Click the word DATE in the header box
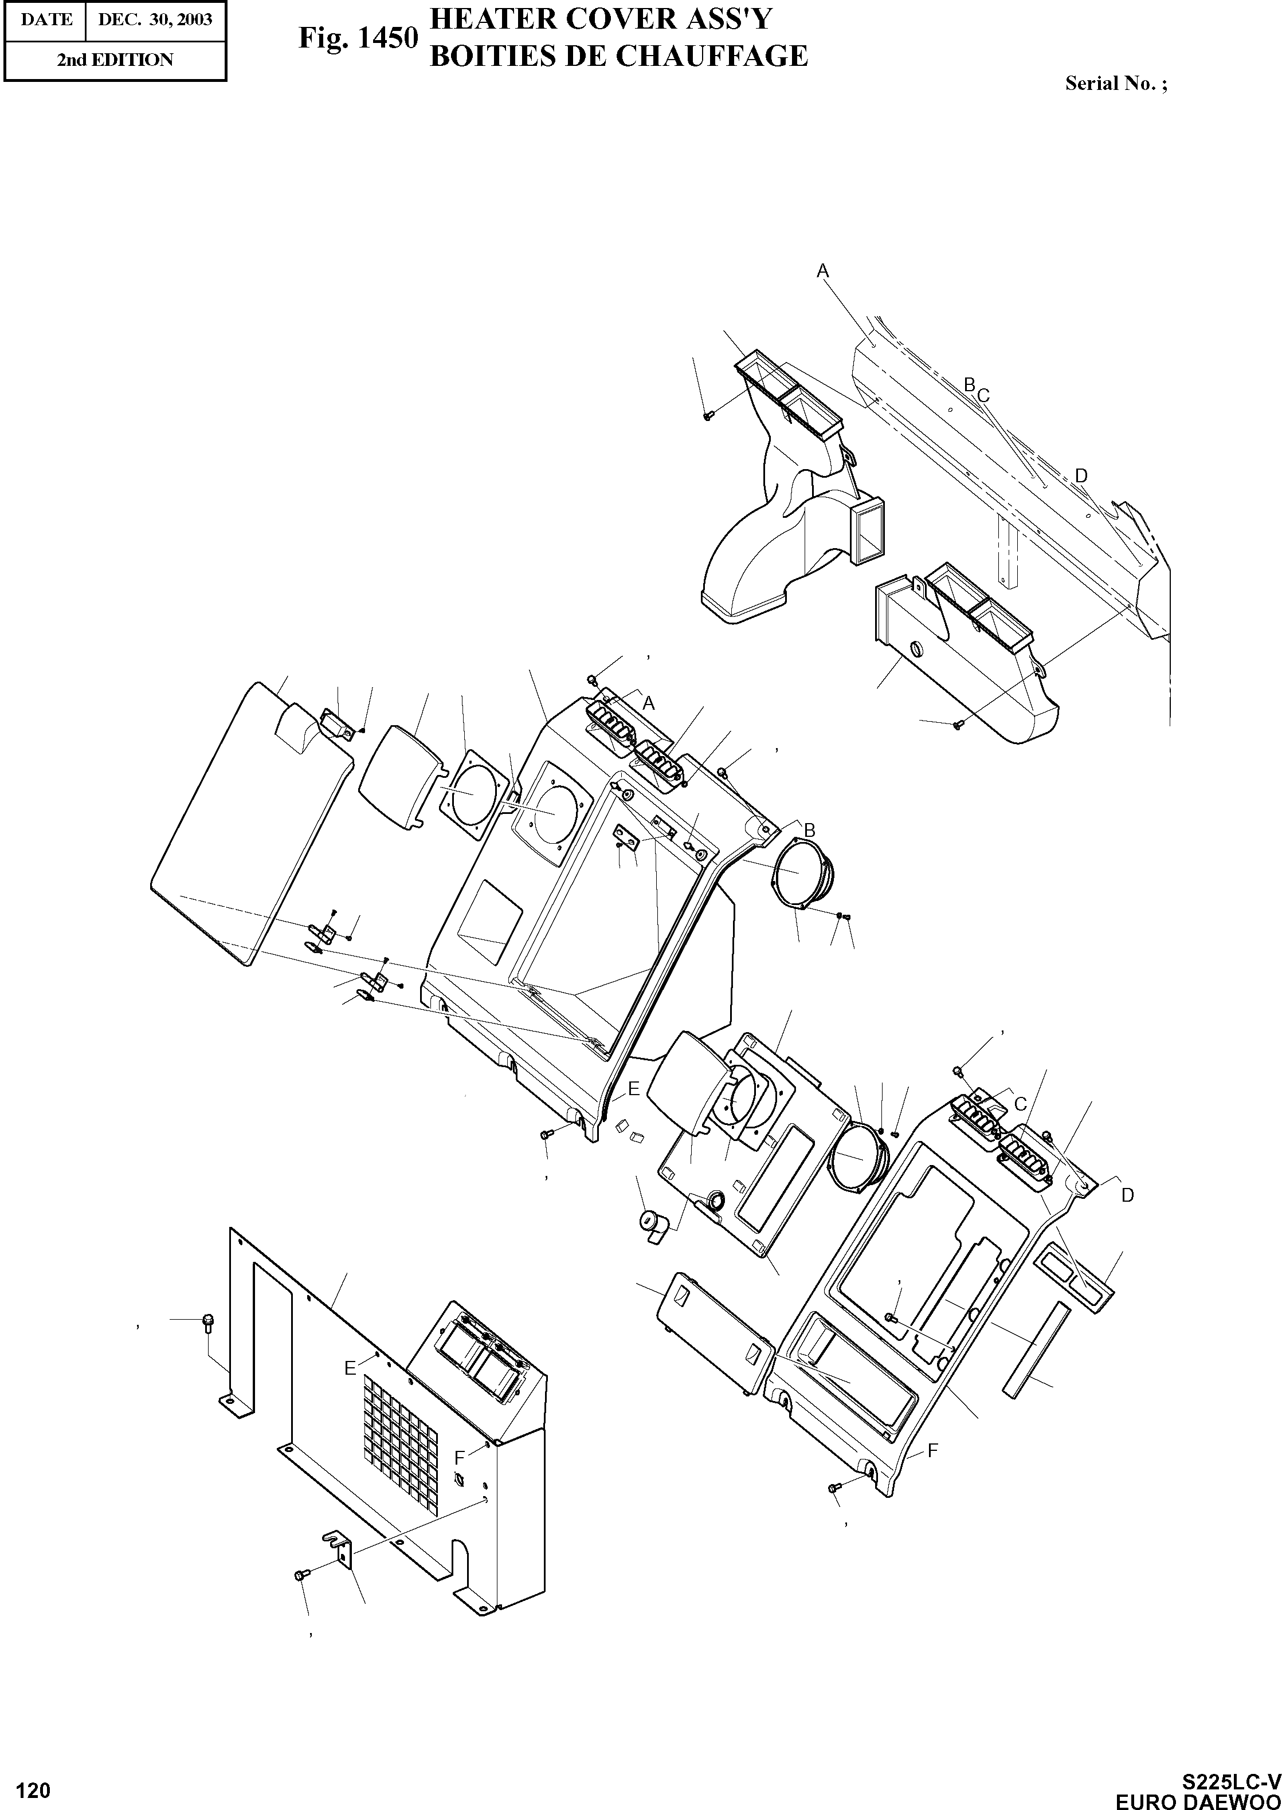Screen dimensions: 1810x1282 (x=46, y=19)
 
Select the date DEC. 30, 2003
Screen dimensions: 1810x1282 (x=155, y=19)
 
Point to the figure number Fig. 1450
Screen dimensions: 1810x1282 (x=358, y=38)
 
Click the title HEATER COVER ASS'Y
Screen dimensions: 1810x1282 (x=600, y=19)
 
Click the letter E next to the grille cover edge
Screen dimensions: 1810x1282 (x=350, y=1369)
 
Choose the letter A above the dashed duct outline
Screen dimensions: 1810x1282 (x=822, y=271)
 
